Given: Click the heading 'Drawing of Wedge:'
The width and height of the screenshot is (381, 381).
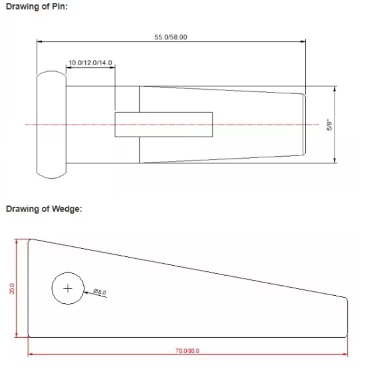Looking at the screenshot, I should [x=43, y=209].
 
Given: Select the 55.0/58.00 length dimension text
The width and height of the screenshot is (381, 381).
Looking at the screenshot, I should [x=170, y=37].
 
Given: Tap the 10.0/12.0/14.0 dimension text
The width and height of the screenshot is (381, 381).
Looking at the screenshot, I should [x=90, y=63].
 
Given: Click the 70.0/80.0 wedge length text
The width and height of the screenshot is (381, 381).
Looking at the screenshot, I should [x=187, y=351].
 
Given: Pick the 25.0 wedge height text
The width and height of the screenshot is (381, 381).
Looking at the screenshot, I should [x=13, y=289].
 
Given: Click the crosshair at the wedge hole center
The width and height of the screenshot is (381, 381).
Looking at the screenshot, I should [x=68, y=288].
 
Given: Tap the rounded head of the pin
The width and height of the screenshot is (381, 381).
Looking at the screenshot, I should [x=51, y=125].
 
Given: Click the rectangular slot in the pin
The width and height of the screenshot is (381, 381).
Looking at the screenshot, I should [x=163, y=124].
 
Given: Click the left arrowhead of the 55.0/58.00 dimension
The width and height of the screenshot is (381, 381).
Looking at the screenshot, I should [x=40, y=41].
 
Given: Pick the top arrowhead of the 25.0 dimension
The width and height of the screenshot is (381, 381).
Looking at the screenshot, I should [x=17, y=242].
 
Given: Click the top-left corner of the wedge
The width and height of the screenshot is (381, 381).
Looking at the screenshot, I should [x=30, y=240].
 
